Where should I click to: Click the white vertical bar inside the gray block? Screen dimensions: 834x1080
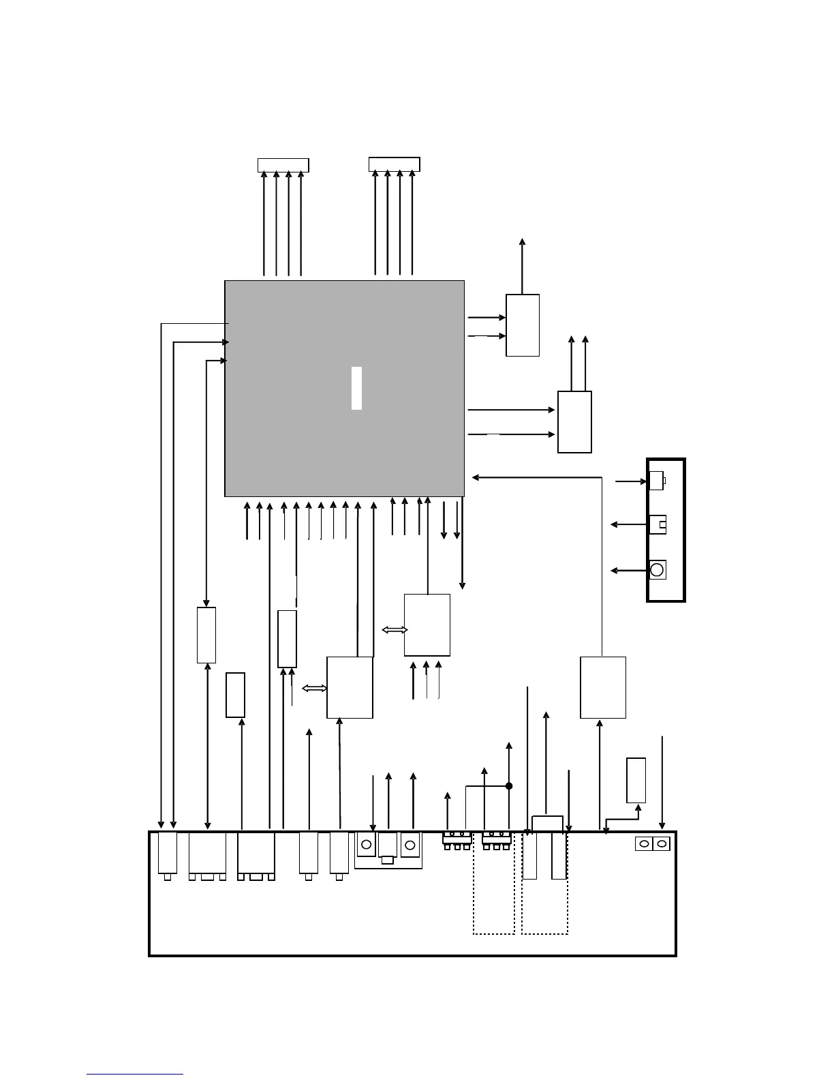click(x=356, y=388)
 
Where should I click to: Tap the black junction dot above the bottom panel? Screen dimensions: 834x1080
click(x=509, y=786)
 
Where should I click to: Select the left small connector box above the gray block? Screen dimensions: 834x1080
click(x=283, y=165)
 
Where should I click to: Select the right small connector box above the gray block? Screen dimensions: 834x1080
click(x=394, y=164)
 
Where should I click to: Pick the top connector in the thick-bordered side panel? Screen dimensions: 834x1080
click(x=656, y=481)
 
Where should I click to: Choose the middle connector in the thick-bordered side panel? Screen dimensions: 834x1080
click(x=658, y=524)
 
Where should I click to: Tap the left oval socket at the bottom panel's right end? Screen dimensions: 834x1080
click(x=644, y=844)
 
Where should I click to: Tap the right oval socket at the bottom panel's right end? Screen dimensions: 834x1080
click(x=661, y=844)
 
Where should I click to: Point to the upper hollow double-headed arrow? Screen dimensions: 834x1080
click(x=395, y=630)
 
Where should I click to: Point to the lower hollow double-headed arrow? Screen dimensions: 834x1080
click(x=315, y=689)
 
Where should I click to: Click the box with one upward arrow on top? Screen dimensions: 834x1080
click(x=523, y=325)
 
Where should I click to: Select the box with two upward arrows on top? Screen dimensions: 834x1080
click(x=574, y=421)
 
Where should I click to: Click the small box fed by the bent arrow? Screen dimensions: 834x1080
click(x=636, y=780)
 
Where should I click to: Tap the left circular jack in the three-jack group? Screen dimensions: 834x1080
click(x=367, y=845)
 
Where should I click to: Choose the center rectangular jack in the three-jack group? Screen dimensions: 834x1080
click(x=388, y=847)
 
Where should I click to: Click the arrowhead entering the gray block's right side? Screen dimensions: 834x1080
click(x=475, y=477)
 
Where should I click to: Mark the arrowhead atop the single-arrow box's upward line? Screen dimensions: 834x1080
click(x=523, y=241)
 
